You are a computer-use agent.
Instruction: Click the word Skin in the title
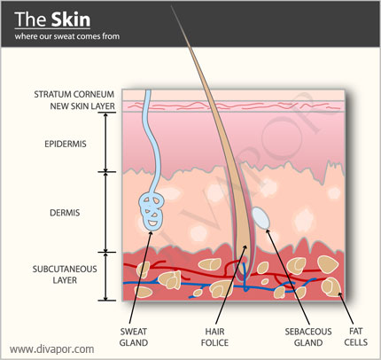[71, 20]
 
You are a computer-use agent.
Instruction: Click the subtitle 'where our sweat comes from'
[67, 36]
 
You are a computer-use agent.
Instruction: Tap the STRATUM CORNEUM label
[74, 94]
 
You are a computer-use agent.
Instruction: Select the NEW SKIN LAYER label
[82, 106]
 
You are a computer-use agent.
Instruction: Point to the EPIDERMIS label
[66, 144]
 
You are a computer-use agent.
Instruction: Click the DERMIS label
[65, 213]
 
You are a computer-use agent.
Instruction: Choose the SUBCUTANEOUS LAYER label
[65, 275]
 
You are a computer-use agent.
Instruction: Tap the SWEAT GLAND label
[134, 337]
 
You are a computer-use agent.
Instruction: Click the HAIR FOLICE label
[214, 337]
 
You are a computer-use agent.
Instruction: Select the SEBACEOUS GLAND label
[308, 337]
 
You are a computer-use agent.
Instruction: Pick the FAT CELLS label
[356, 337]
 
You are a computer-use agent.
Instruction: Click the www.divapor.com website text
[52, 349]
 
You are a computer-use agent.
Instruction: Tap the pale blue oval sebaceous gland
[260, 218]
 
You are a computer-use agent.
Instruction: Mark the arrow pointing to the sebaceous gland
[288, 277]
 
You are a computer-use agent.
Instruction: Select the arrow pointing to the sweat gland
[141, 278]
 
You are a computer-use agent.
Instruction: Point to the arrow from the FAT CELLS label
[346, 309]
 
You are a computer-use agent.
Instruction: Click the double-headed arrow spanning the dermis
[105, 212]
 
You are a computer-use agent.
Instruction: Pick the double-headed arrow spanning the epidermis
[105, 142]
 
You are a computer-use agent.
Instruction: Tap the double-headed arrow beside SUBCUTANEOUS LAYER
[105, 277]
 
